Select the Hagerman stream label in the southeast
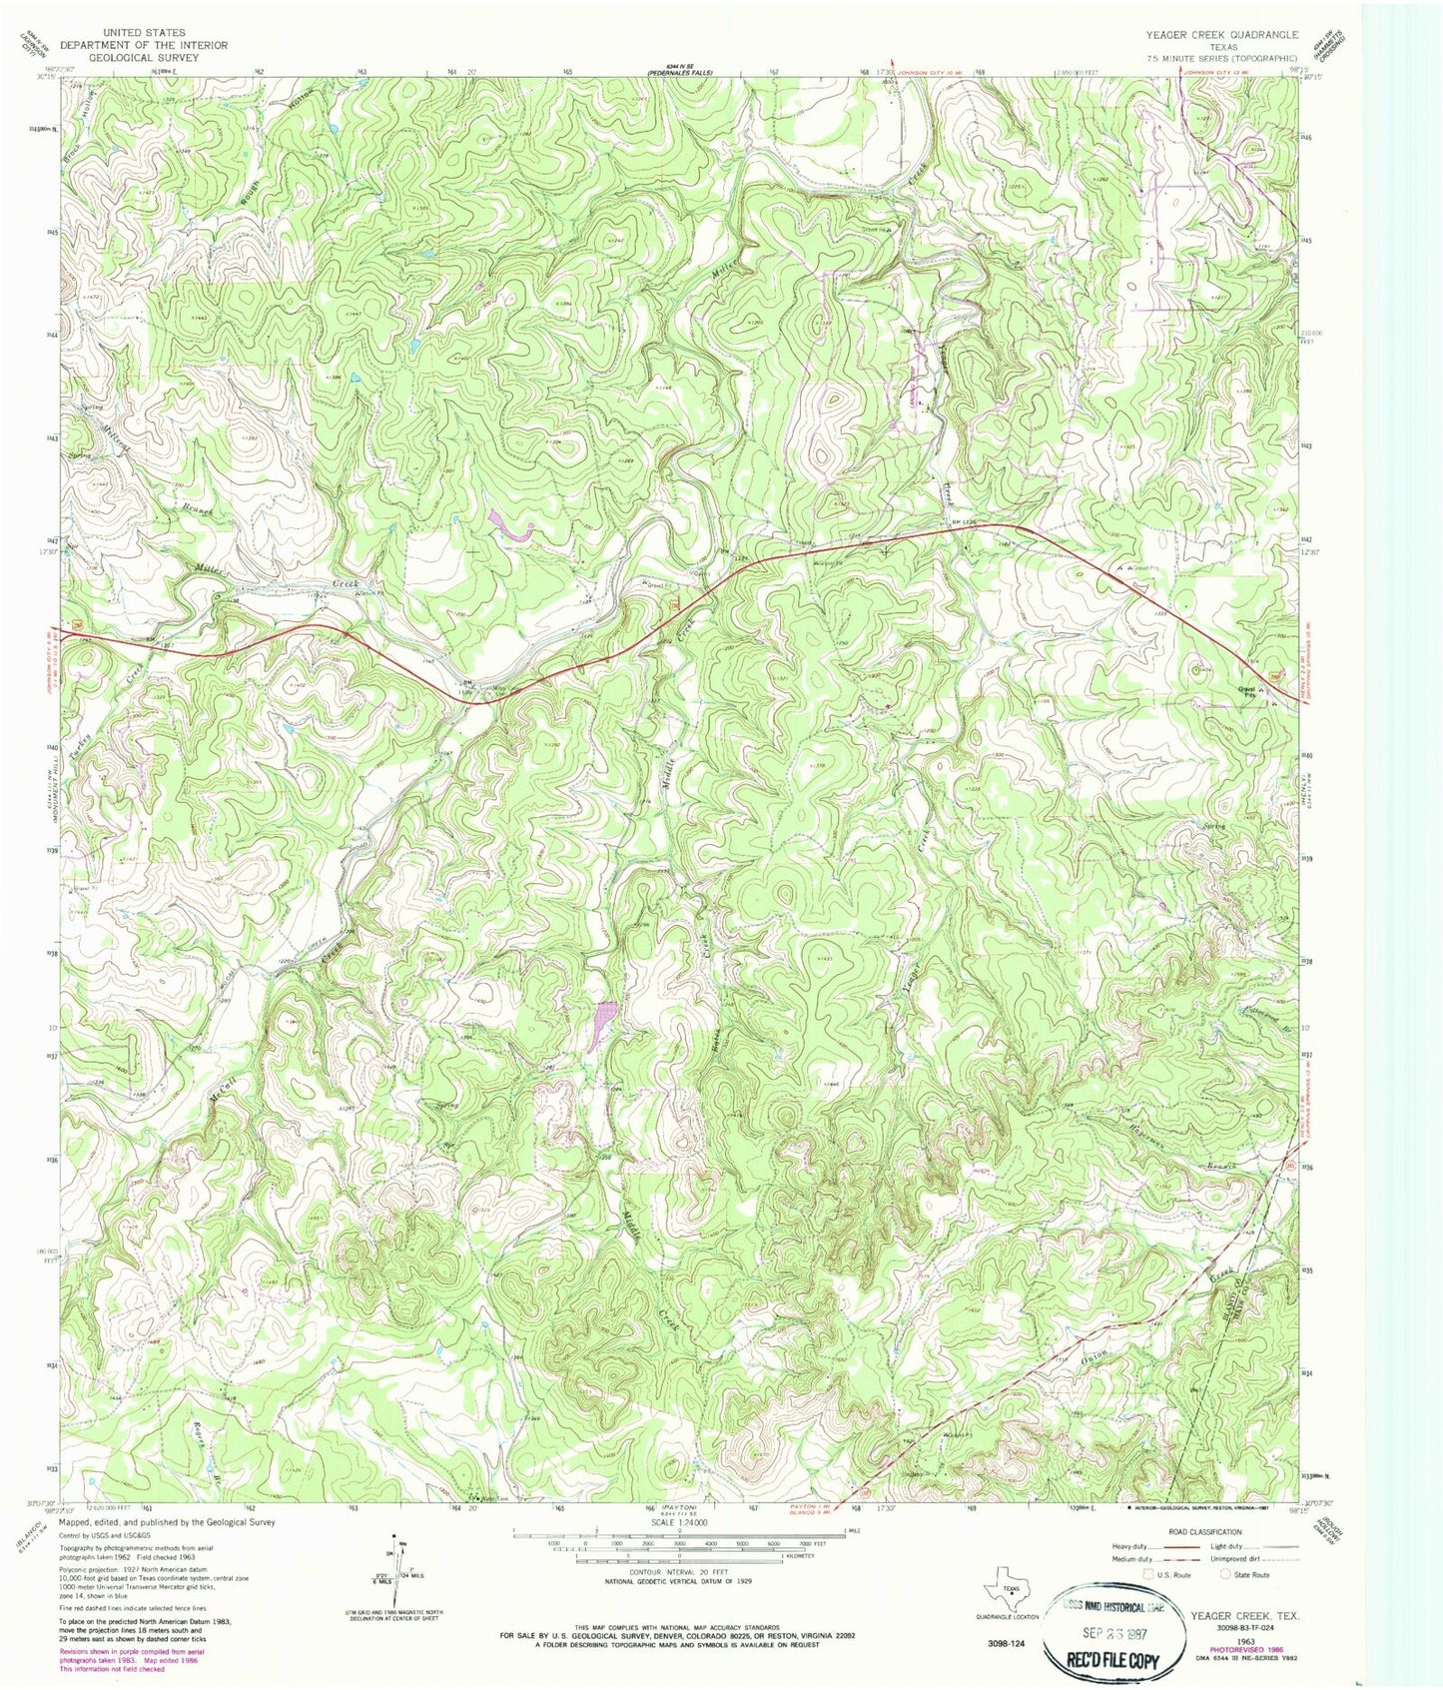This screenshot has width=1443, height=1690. click(x=1148, y=1126)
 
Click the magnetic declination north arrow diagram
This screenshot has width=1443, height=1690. click(x=396, y=1564)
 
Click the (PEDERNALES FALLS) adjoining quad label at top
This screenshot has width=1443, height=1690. click(x=680, y=73)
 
